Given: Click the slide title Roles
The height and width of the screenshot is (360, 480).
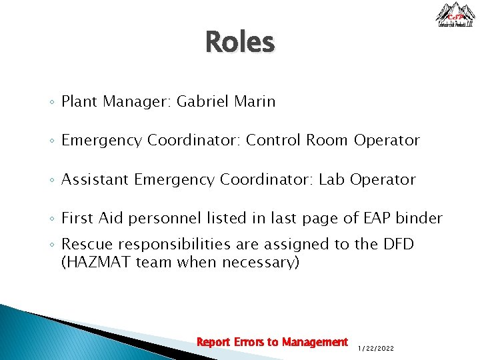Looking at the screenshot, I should pos(239,42).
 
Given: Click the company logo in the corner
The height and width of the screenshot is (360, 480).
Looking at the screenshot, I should pos(455,15).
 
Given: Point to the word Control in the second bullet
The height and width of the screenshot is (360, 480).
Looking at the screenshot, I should pos(273,141).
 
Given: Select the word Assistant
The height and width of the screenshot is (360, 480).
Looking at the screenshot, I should pos(95,179).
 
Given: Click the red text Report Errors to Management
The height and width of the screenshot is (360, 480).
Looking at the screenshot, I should pos(272,342).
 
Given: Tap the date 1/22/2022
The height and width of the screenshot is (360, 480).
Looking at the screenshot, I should pos(376,348).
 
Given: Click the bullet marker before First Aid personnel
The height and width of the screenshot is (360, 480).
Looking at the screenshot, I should pos(52,219).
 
